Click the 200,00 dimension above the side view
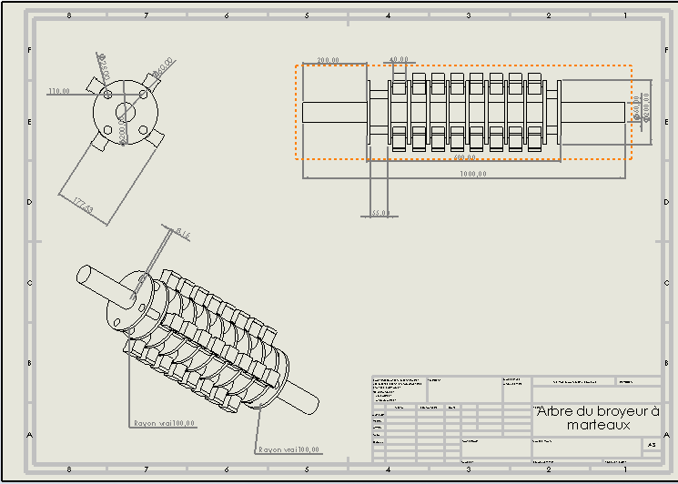pyautogui.click(x=328, y=61)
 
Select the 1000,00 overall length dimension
pyautogui.click(x=472, y=174)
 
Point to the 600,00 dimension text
pyautogui.click(x=466, y=157)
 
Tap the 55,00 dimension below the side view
pyautogui.click(x=380, y=213)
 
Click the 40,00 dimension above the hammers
pyautogui.click(x=399, y=60)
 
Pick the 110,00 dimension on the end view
pyautogui.click(x=58, y=91)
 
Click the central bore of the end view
pyautogui.click(x=126, y=113)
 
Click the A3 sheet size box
pyautogui.click(x=651, y=445)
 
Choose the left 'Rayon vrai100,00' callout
pyautogui.click(x=165, y=423)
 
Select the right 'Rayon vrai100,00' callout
pyautogui.click(x=288, y=449)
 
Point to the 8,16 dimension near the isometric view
pyautogui.click(x=184, y=234)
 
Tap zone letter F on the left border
pyautogui.click(x=29, y=51)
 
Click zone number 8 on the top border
pyautogui.click(x=69, y=15)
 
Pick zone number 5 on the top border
pyautogui.click(x=307, y=15)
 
